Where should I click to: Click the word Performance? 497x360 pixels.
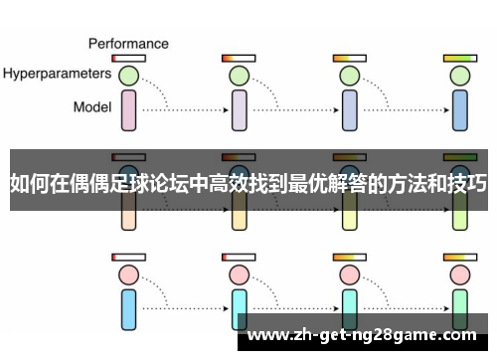pyautogui.click(x=128, y=44)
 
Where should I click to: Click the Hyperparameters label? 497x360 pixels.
pyautogui.click(x=56, y=74)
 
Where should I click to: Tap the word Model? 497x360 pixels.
pyautogui.click(x=91, y=106)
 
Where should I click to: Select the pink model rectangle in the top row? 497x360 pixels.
pyautogui.click(x=128, y=109)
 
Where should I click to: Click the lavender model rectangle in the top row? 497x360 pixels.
pyautogui.click(x=239, y=109)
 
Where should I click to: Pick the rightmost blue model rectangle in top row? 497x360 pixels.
pyautogui.click(x=459, y=109)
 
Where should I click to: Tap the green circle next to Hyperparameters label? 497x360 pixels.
pyautogui.click(x=128, y=75)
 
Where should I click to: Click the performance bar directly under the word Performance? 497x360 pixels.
pyautogui.click(x=128, y=59)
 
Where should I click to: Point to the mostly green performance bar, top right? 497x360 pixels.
pyautogui.click(x=459, y=59)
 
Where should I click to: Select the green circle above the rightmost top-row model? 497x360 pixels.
pyautogui.click(x=459, y=75)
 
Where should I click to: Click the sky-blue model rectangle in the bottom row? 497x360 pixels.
pyautogui.click(x=128, y=309)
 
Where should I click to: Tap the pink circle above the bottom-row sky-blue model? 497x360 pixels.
pyautogui.click(x=128, y=273)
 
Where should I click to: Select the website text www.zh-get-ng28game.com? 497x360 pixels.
pyautogui.click(x=365, y=335)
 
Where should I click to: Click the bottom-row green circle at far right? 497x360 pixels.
pyautogui.click(x=459, y=273)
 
